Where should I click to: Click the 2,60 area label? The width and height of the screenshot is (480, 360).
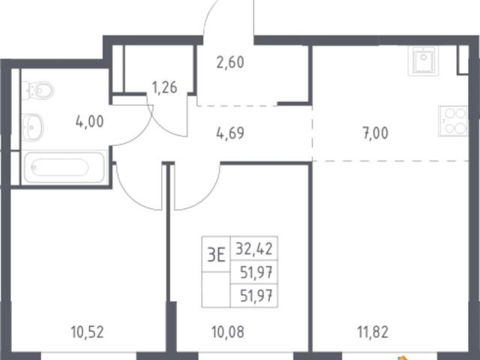point(230,63)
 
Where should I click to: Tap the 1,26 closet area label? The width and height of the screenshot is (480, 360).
point(165,88)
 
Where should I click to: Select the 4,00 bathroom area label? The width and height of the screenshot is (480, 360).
point(90,121)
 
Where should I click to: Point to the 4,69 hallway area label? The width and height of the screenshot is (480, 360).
point(230,133)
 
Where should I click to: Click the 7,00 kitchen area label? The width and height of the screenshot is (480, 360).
point(376,133)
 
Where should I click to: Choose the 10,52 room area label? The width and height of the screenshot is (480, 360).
point(88,332)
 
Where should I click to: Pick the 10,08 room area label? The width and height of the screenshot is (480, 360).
point(228,332)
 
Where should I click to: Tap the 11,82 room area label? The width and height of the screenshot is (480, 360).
point(373,332)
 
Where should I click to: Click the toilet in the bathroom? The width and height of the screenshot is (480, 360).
point(38,90)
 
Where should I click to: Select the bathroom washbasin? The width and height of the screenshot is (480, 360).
point(32,127)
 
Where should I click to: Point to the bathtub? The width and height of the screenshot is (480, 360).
point(64,167)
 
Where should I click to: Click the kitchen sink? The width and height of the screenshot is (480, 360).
point(423,61)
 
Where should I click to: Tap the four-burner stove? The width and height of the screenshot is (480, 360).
point(453,121)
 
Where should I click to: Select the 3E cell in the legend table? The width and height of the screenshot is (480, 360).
point(216,254)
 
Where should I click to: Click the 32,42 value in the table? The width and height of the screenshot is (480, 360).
point(254,248)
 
